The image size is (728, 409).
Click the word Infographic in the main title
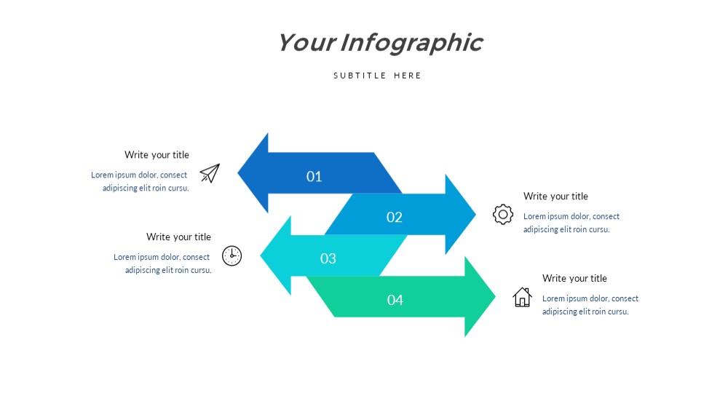(x=411, y=43)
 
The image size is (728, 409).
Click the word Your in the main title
(x=306, y=42)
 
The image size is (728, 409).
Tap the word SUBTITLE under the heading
(x=360, y=76)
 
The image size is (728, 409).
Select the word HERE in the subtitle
(x=407, y=76)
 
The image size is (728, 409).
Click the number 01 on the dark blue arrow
(x=314, y=176)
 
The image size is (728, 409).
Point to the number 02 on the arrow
(x=394, y=217)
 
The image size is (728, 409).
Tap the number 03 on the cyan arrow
(x=328, y=258)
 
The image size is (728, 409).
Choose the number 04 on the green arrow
(x=395, y=300)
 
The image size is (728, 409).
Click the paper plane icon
(x=210, y=173)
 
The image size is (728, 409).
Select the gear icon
(x=503, y=215)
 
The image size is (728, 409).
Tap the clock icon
(x=232, y=255)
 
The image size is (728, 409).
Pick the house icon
(x=522, y=297)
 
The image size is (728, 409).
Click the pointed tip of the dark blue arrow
(x=238, y=172)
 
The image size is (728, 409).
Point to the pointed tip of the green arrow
(x=495, y=296)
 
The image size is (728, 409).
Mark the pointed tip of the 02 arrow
(x=476, y=214)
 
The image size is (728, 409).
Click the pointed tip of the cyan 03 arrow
(x=261, y=255)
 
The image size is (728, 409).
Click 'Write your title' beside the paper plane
(x=157, y=154)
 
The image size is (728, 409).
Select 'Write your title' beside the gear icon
(x=555, y=196)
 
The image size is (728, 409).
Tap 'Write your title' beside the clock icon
(x=179, y=237)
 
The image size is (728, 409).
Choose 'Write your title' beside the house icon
(x=575, y=278)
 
